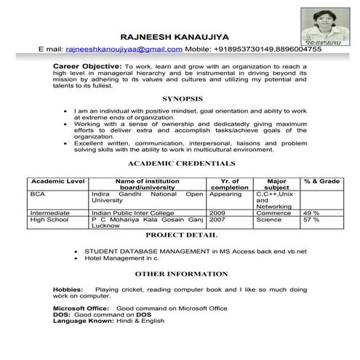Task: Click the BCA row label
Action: pyautogui.click(x=38, y=194)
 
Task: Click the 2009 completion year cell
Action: pyautogui.click(x=217, y=213)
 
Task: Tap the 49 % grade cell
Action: pyautogui.click(x=311, y=213)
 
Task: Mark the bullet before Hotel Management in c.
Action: pyautogui.click(x=76, y=257)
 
